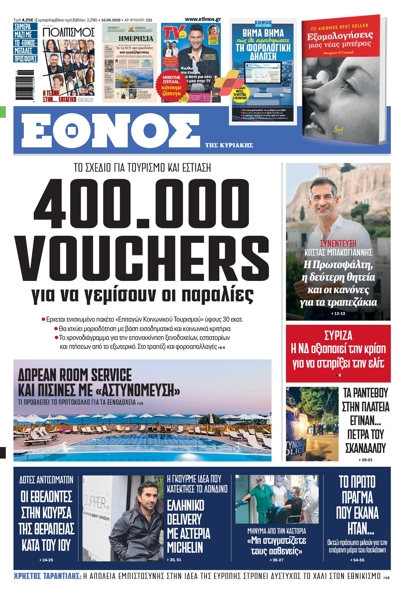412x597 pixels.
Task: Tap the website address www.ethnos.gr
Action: [203, 19]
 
